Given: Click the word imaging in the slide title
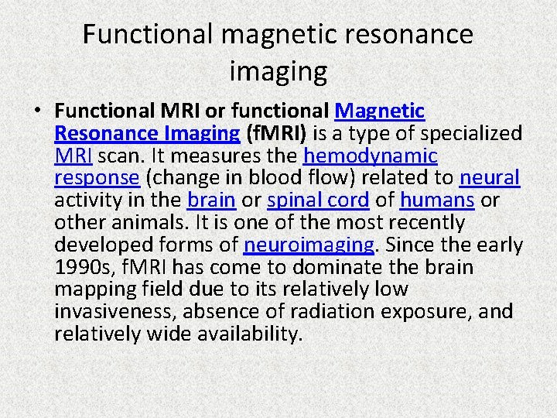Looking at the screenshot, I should pos(278,72).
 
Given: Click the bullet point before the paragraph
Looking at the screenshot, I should pos(37,111).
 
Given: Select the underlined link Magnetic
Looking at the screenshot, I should pos(380,111).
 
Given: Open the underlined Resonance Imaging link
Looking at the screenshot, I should pos(147,134).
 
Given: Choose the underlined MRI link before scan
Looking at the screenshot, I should pos(74,156).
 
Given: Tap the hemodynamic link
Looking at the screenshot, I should pos(371,156).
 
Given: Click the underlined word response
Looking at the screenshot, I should pos(97,178).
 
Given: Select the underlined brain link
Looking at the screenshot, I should pos(211,200).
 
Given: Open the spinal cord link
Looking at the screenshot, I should pos(318,200).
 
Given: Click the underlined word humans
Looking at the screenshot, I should pos(437,200).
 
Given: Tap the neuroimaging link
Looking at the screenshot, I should pos(309,245).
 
